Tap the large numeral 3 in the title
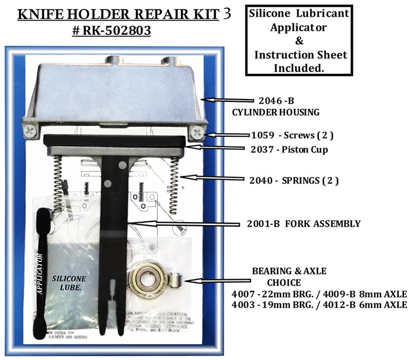[228, 13]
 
